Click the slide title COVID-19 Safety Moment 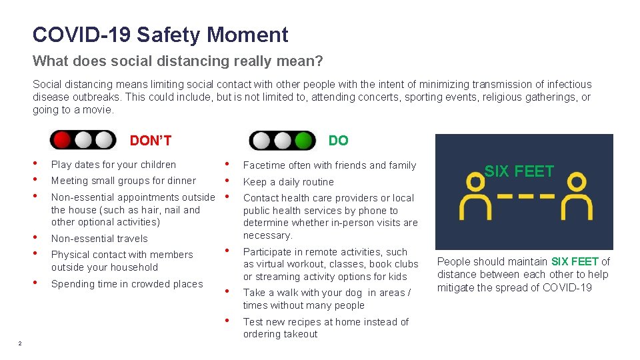[x=160, y=35]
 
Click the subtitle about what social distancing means [x=178, y=61]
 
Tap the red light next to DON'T [x=62, y=140]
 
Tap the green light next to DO [x=304, y=141]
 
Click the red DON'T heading [x=151, y=141]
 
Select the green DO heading [x=338, y=141]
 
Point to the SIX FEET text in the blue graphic [x=519, y=171]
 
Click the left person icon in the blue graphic [x=472, y=198]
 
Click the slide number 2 [x=20, y=343]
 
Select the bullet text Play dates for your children [x=113, y=165]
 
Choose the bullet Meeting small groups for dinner [x=123, y=181]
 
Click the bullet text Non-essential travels [x=99, y=239]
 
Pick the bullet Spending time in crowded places [x=127, y=284]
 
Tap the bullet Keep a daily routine [x=288, y=182]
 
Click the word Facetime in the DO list [x=264, y=165]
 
